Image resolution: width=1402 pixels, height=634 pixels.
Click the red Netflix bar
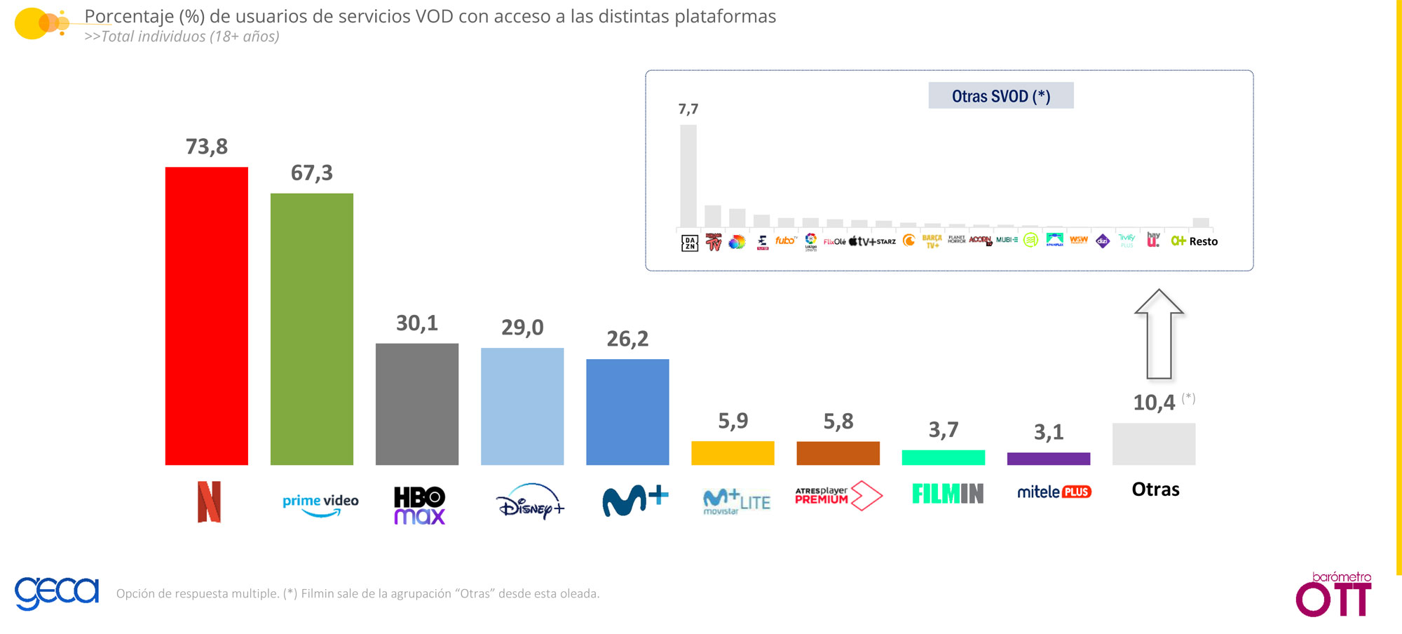click(x=206, y=316)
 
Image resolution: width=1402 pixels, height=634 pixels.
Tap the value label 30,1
click(x=416, y=323)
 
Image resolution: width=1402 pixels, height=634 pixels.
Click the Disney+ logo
click(x=529, y=501)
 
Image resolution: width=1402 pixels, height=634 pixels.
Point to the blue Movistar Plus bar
click(x=627, y=412)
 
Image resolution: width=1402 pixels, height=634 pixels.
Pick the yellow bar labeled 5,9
click(x=733, y=453)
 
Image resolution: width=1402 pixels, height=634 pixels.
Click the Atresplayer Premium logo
click(x=838, y=495)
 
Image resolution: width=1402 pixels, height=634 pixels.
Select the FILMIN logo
click(x=947, y=494)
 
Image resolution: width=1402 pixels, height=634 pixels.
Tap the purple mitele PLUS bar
click(x=1048, y=459)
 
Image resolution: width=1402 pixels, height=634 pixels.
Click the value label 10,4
click(x=1154, y=403)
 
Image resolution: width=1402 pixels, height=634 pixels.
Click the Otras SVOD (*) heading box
click(x=1000, y=96)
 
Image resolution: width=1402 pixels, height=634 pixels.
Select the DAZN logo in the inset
click(x=689, y=243)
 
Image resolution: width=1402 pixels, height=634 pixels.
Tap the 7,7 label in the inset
click(x=688, y=109)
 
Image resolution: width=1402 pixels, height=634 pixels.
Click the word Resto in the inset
click(x=1203, y=241)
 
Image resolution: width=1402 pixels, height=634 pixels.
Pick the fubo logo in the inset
click(x=785, y=241)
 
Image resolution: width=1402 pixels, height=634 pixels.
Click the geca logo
click(x=57, y=593)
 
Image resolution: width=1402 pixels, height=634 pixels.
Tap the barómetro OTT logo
click(x=1333, y=595)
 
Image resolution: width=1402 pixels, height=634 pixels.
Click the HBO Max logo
click(x=419, y=505)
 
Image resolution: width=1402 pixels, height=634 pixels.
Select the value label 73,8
click(x=206, y=147)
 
